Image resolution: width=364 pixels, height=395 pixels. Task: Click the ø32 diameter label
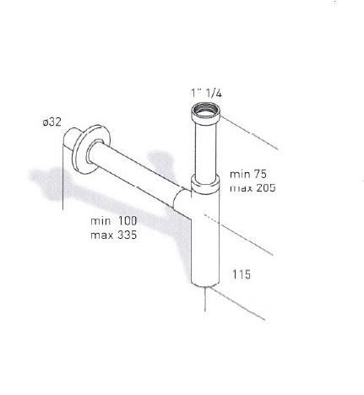click(x=52, y=122)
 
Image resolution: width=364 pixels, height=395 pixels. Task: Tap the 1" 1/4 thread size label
click(x=206, y=93)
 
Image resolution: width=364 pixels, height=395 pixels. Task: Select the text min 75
click(x=248, y=174)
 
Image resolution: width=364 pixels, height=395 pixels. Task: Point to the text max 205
click(x=253, y=187)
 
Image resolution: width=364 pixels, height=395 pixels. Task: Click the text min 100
click(x=114, y=221)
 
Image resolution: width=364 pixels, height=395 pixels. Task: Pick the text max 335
click(x=114, y=235)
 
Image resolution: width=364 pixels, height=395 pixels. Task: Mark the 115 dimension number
click(x=242, y=274)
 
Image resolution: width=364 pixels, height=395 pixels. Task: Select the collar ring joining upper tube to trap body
click(x=205, y=184)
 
